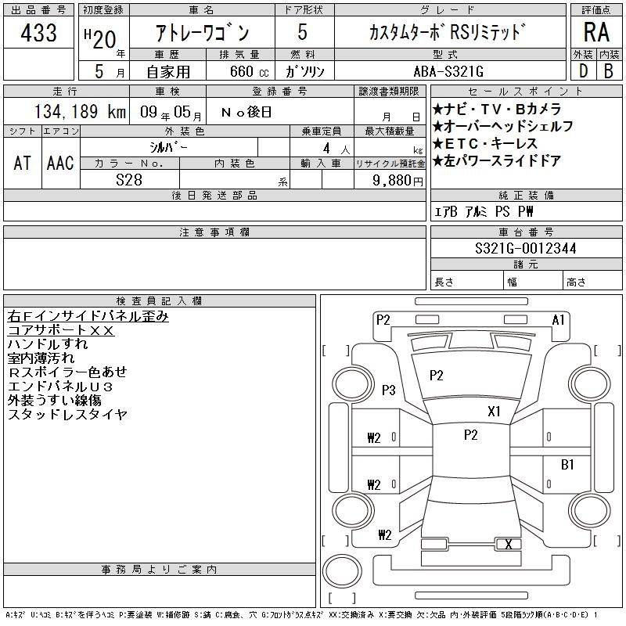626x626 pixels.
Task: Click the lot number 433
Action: tap(38, 32)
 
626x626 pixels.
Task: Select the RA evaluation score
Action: tap(596, 32)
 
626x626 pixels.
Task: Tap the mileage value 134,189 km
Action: tap(80, 111)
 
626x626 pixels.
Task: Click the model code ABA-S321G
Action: tap(448, 71)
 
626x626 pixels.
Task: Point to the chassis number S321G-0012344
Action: tap(525, 248)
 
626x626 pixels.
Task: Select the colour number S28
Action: tap(129, 180)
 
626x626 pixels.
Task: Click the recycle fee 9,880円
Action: tap(398, 181)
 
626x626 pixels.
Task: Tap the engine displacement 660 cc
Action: tap(249, 71)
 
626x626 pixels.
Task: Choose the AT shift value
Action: tap(22, 163)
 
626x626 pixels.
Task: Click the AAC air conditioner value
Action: tap(60, 163)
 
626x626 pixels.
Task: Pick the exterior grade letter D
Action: tap(583, 71)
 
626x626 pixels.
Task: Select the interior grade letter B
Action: tap(609, 71)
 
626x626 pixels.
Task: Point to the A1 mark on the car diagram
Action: tap(558, 320)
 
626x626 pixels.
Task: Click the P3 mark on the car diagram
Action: tap(388, 390)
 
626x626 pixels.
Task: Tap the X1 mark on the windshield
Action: tap(494, 412)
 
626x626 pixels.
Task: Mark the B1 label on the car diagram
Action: tap(567, 464)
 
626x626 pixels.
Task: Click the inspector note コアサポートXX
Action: tap(61, 330)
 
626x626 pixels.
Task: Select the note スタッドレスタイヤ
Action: tap(67, 414)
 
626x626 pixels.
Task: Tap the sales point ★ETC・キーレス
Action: tap(484, 143)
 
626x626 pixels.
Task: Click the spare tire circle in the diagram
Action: tap(342, 571)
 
